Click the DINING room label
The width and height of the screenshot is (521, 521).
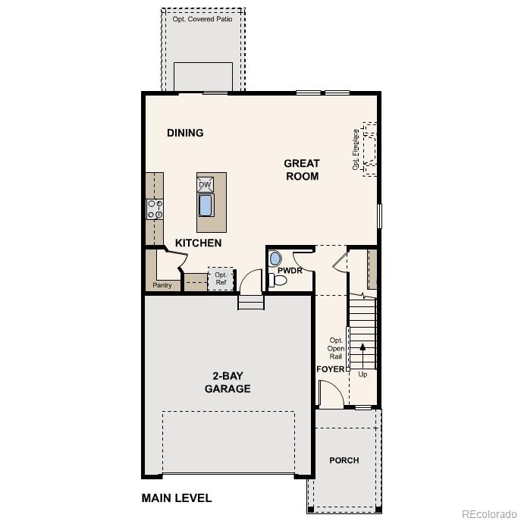point(185,133)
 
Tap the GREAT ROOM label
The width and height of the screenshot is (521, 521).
point(302,169)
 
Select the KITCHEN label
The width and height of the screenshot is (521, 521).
point(198,243)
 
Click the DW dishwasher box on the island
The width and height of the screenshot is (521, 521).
point(205,185)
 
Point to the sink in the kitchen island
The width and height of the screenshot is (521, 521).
point(206,205)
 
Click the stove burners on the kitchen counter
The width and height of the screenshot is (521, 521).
point(155,209)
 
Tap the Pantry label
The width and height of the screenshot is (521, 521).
point(162,286)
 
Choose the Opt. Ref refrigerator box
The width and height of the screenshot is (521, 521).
point(221,278)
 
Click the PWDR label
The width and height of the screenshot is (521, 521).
point(290,269)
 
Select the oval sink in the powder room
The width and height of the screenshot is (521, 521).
point(275,258)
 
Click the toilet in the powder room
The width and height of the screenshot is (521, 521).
point(278,281)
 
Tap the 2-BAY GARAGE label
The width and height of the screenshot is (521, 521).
point(228,382)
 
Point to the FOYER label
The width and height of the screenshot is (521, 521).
point(330,369)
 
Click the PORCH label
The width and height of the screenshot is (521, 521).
point(344,460)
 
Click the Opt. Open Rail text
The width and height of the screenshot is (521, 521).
point(335,349)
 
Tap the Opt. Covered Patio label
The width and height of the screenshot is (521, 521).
point(204,19)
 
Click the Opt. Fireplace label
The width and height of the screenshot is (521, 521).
point(356,149)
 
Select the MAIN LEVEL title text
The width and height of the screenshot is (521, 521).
point(177,498)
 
